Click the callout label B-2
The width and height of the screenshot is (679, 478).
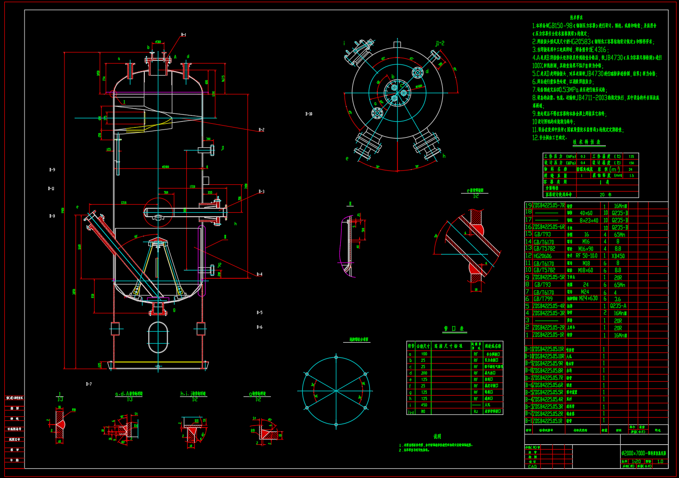tap(261, 130)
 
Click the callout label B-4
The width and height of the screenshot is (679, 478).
tap(259, 274)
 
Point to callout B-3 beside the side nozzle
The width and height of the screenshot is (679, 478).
tap(261, 192)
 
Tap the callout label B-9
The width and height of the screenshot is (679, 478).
tap(52, 170)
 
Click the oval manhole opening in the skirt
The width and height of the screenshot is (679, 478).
tap(158, 337)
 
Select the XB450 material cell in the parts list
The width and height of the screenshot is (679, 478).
tap(618, 256)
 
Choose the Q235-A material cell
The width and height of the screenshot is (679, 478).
tap(618, 306)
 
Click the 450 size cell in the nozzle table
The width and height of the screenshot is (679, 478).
tap(424, 405)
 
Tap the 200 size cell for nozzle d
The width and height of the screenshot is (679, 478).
tap(424, 373)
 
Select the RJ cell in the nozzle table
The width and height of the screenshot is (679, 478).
tap(476, 411)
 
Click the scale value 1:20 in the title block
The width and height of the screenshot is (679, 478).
tap(636, 461)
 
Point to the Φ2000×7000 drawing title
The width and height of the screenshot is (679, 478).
tap(644, 453)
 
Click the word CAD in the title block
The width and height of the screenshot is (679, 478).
tap(532, 466)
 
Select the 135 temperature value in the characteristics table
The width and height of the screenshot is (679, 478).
tap(631, 156)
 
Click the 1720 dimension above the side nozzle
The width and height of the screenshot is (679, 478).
tap(192, 186)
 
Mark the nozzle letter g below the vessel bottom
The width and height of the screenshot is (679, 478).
tap(174, 310)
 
